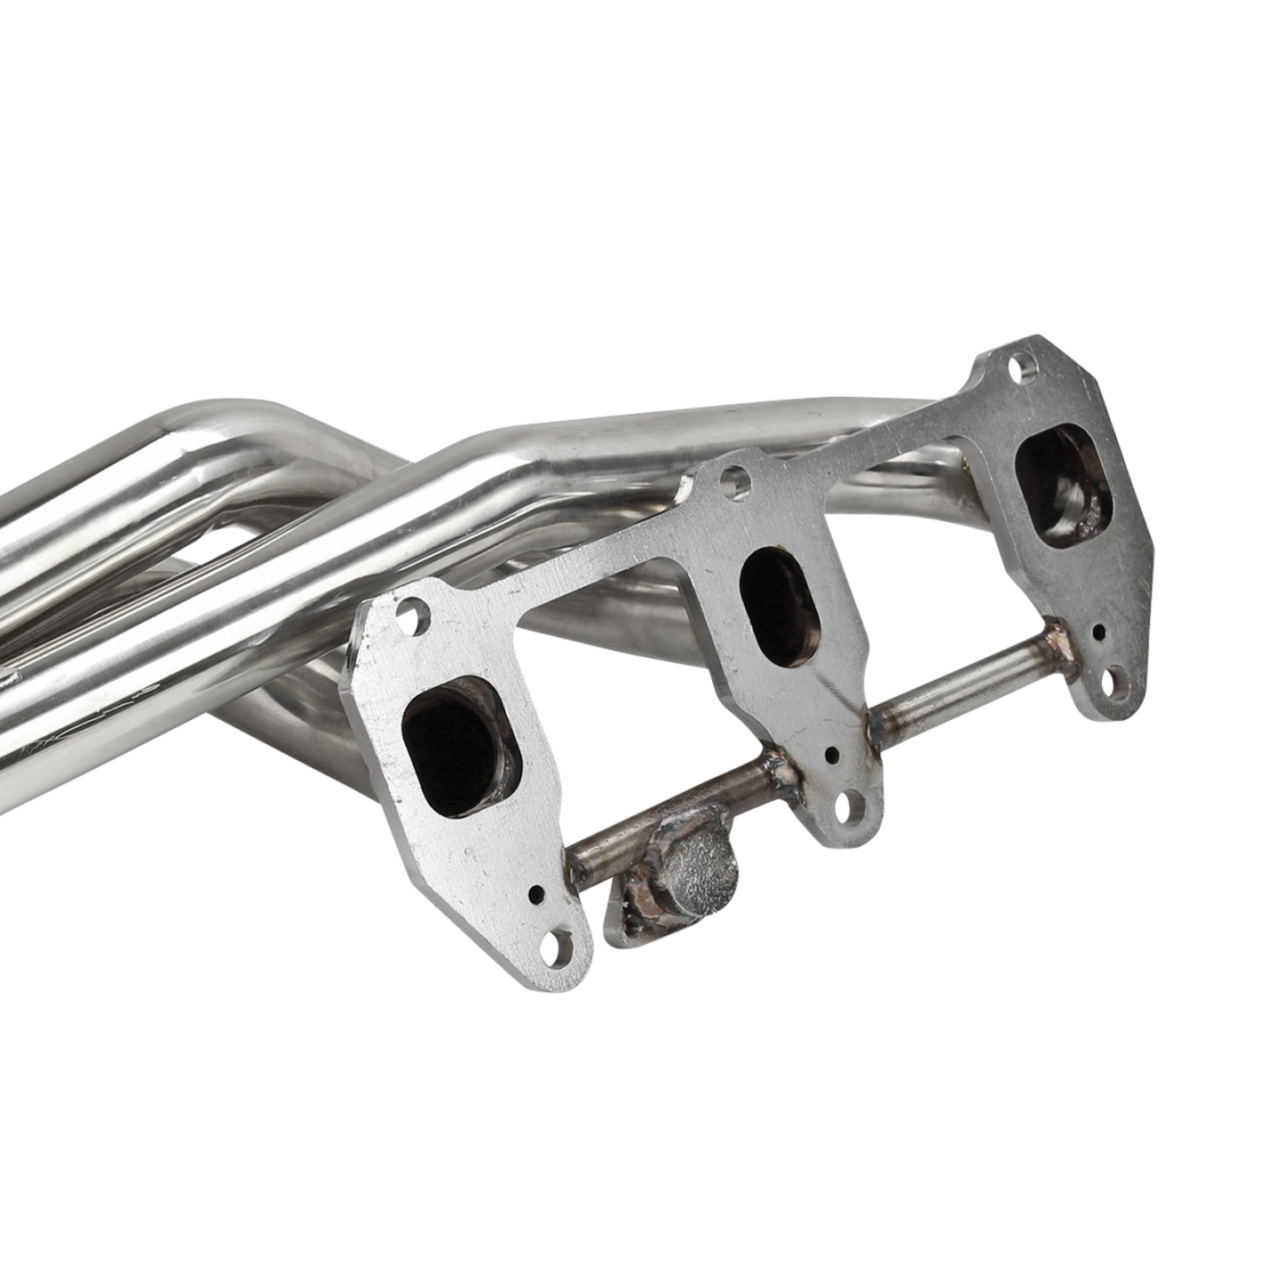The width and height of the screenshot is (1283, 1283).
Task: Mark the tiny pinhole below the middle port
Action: [831, 755]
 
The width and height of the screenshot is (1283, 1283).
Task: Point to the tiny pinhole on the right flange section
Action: [1099, 631]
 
